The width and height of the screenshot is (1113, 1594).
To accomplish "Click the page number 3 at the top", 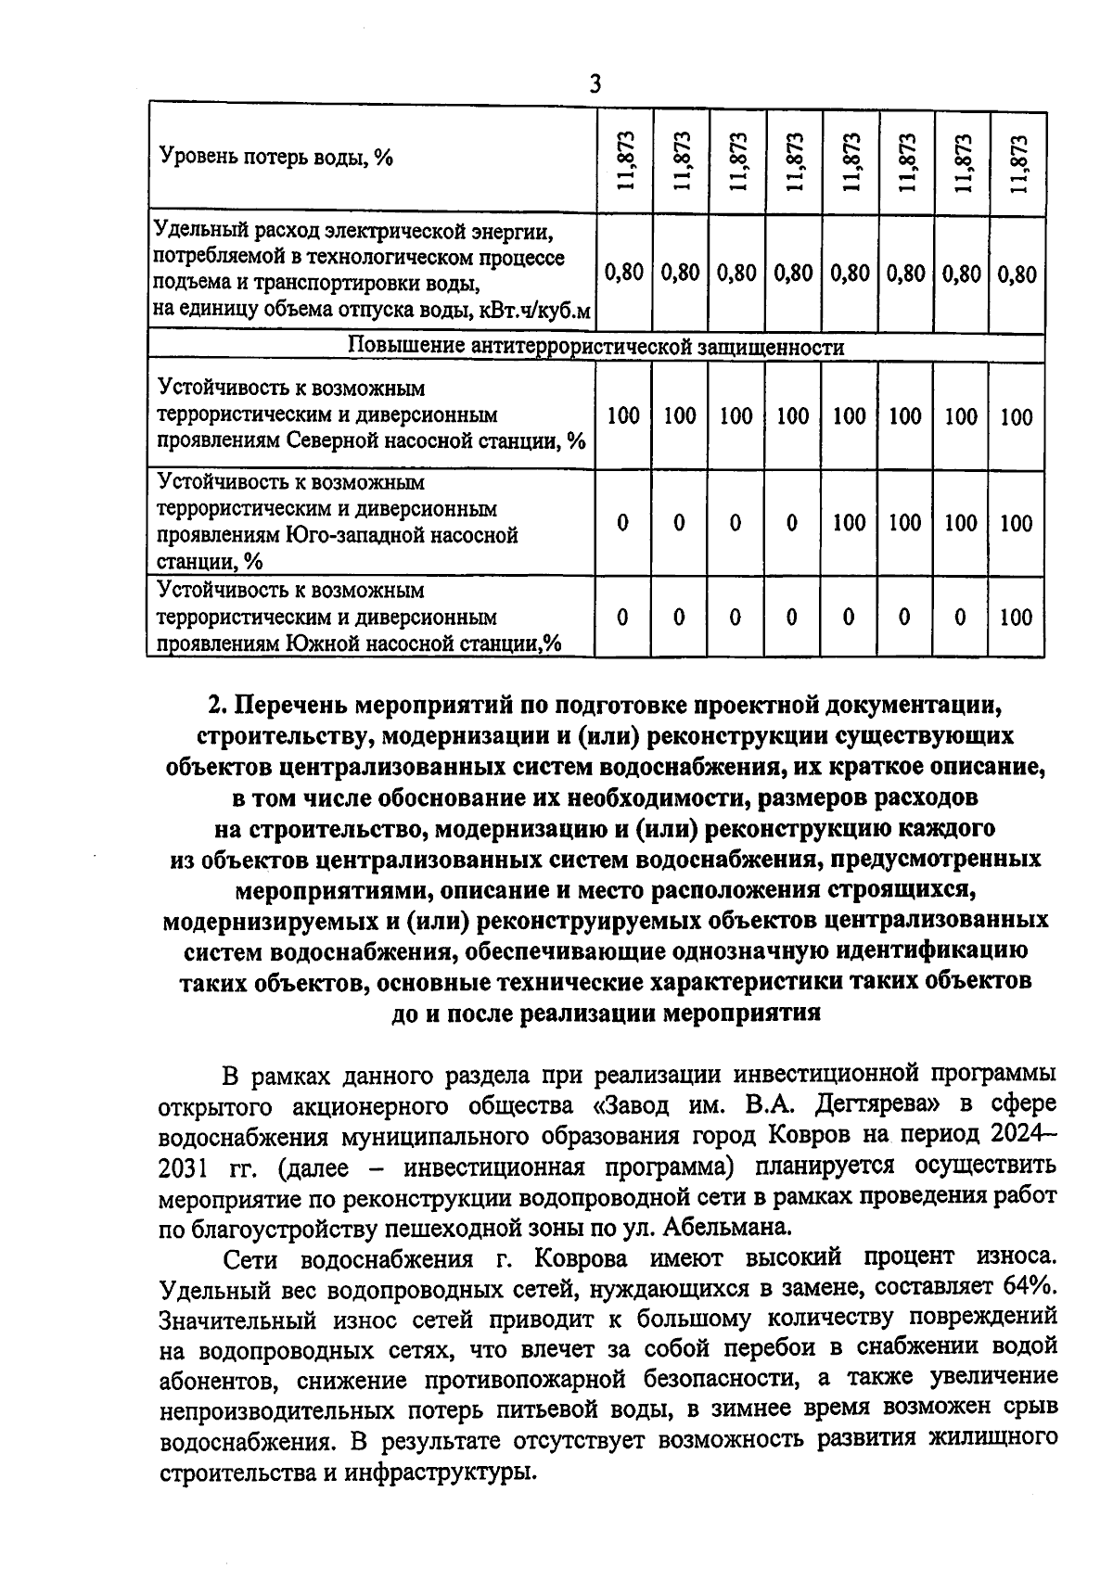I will click(595, 84).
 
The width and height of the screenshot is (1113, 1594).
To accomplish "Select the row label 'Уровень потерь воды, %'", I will click(276, 157).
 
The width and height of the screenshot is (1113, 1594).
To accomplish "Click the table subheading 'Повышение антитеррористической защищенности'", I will click(595, 347).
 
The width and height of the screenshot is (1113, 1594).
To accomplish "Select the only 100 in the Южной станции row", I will click(1017, 618).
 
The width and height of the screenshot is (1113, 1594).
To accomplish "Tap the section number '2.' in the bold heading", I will click(217, 706).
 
